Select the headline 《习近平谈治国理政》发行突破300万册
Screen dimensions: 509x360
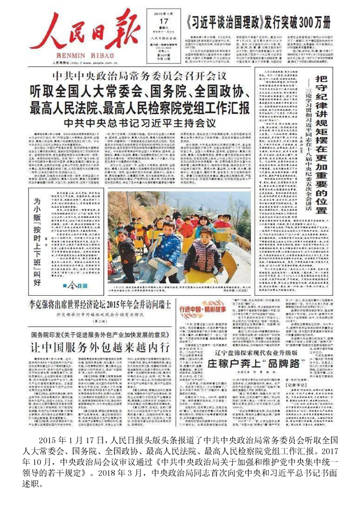(258, 22)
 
